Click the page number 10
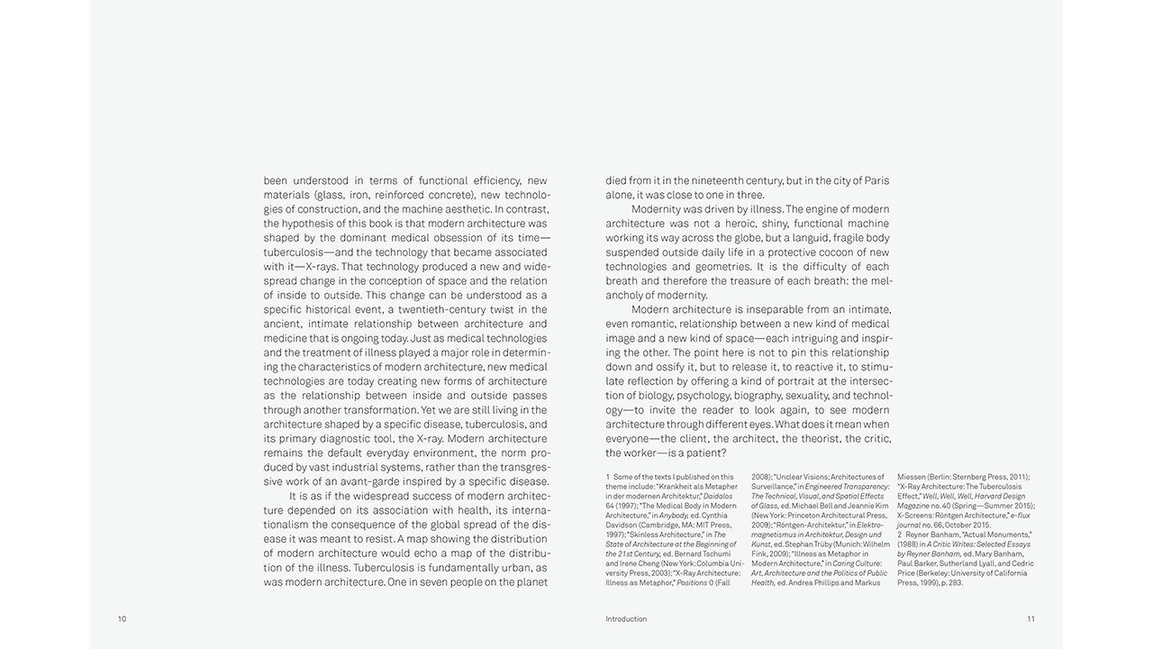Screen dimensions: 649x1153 coord(122,619)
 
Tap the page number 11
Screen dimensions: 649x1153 coord(1030,619)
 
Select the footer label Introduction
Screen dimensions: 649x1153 coord(626,619)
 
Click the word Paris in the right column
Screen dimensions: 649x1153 coord(875,180)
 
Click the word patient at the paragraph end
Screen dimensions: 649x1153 coord(706,452)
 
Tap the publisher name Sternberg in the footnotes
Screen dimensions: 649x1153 coord(960,477)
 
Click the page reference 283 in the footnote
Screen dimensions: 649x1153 coord(955,583)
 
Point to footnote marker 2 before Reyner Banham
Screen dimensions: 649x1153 coord(900,535)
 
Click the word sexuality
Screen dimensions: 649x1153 coord(803,396)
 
